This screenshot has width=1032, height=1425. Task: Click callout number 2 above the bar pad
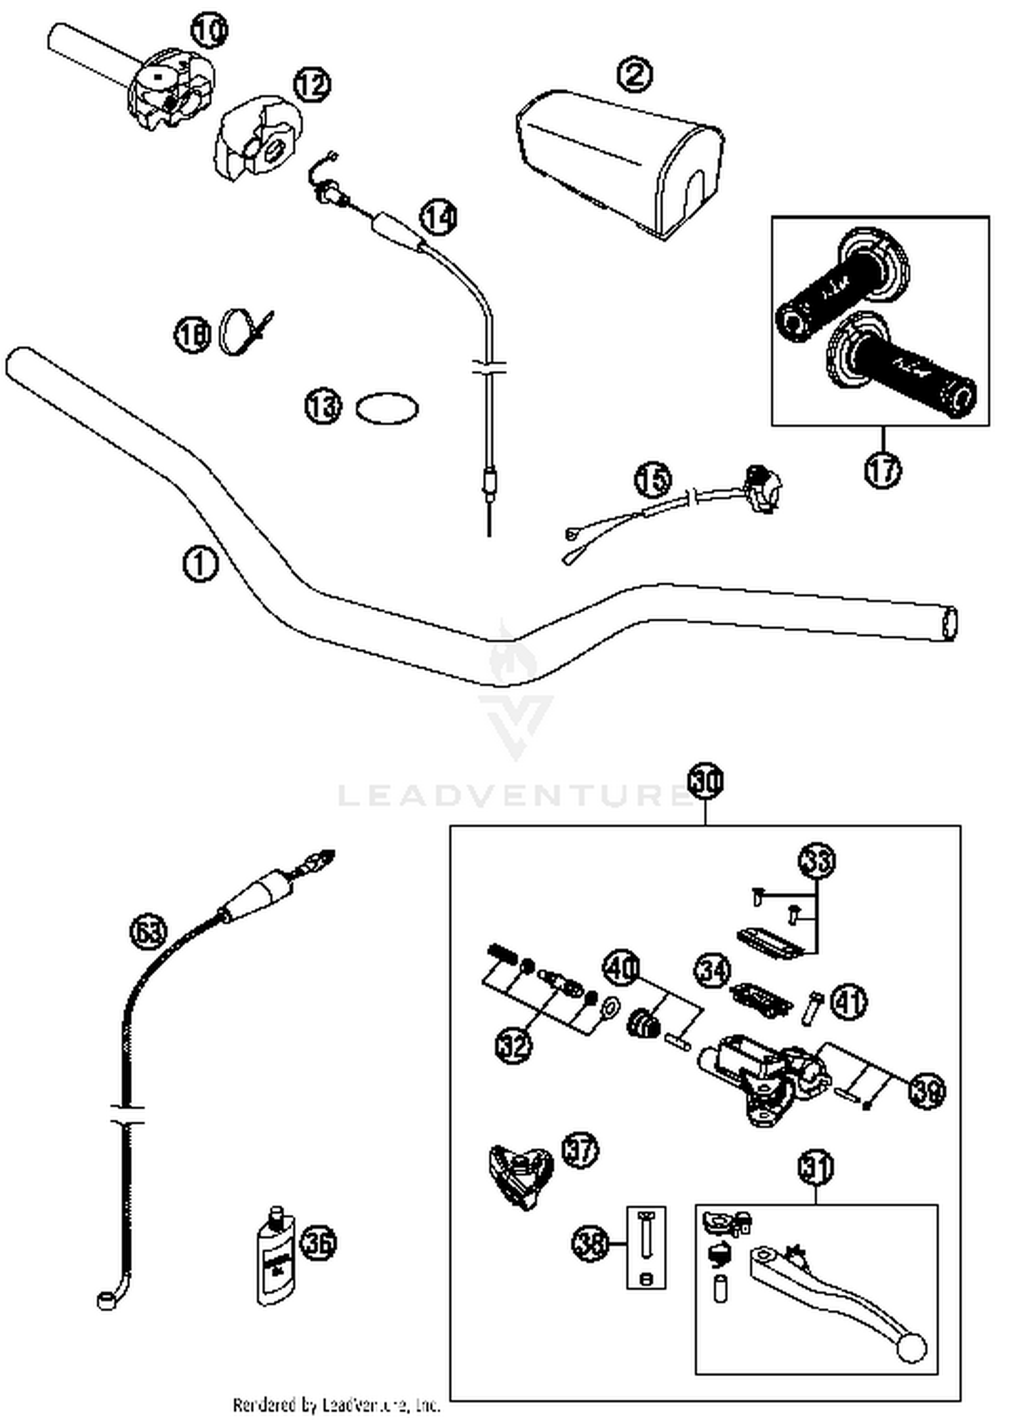(634, 74)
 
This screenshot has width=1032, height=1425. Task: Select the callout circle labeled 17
(883, 470)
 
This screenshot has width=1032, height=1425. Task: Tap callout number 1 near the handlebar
(200, 564)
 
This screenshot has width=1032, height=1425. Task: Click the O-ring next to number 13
(387, 409)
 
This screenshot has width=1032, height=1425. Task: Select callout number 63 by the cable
(148, 932)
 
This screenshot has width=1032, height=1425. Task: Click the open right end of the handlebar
(950, 624)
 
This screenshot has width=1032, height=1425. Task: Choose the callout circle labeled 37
(580, 1150)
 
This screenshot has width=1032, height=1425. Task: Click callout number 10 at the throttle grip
(208, 30)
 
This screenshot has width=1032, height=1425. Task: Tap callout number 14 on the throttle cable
(438, 217)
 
